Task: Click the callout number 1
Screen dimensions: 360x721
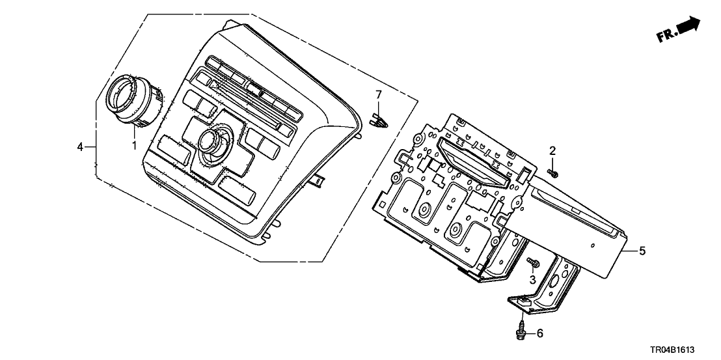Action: (x=135, y=145)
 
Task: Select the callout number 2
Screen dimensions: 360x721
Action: (x=552, y=151)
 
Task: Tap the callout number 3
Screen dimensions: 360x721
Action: (x=532, y=280)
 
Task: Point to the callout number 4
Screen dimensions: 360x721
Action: (x=81, y=148)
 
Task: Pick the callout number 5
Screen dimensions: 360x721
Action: (x=642, y=251)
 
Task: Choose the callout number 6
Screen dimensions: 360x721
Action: (x=539, y=334)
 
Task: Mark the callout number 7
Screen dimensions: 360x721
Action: (x=378, y=96)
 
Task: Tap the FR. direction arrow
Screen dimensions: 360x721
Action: (x=689, y=26)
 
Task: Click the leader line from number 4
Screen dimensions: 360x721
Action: (x=91, y=148)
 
